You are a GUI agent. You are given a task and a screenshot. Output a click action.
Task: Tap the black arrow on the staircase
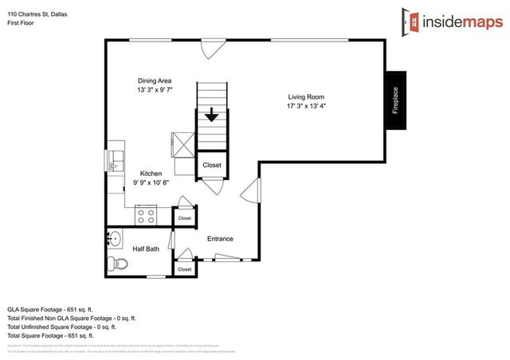pos(211,115)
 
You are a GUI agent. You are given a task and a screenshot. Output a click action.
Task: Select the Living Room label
pos(307,98)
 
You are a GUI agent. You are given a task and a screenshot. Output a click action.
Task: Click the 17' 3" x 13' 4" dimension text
pos(307,108)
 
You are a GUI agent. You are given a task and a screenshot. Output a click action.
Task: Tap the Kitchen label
pos(151,173)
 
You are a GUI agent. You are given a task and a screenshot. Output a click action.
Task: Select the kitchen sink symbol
pos(116,158)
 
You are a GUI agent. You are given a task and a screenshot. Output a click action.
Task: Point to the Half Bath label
pos(147,248)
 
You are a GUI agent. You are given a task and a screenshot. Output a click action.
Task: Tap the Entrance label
pos(221,238)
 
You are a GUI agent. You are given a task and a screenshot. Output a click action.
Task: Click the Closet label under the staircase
pos(212,165)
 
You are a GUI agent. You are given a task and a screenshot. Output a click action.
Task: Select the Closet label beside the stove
pos(184,217)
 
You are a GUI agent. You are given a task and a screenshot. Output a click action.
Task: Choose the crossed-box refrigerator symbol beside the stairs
pos(182,144)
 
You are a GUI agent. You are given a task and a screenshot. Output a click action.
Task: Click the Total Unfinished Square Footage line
pos(61,326)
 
